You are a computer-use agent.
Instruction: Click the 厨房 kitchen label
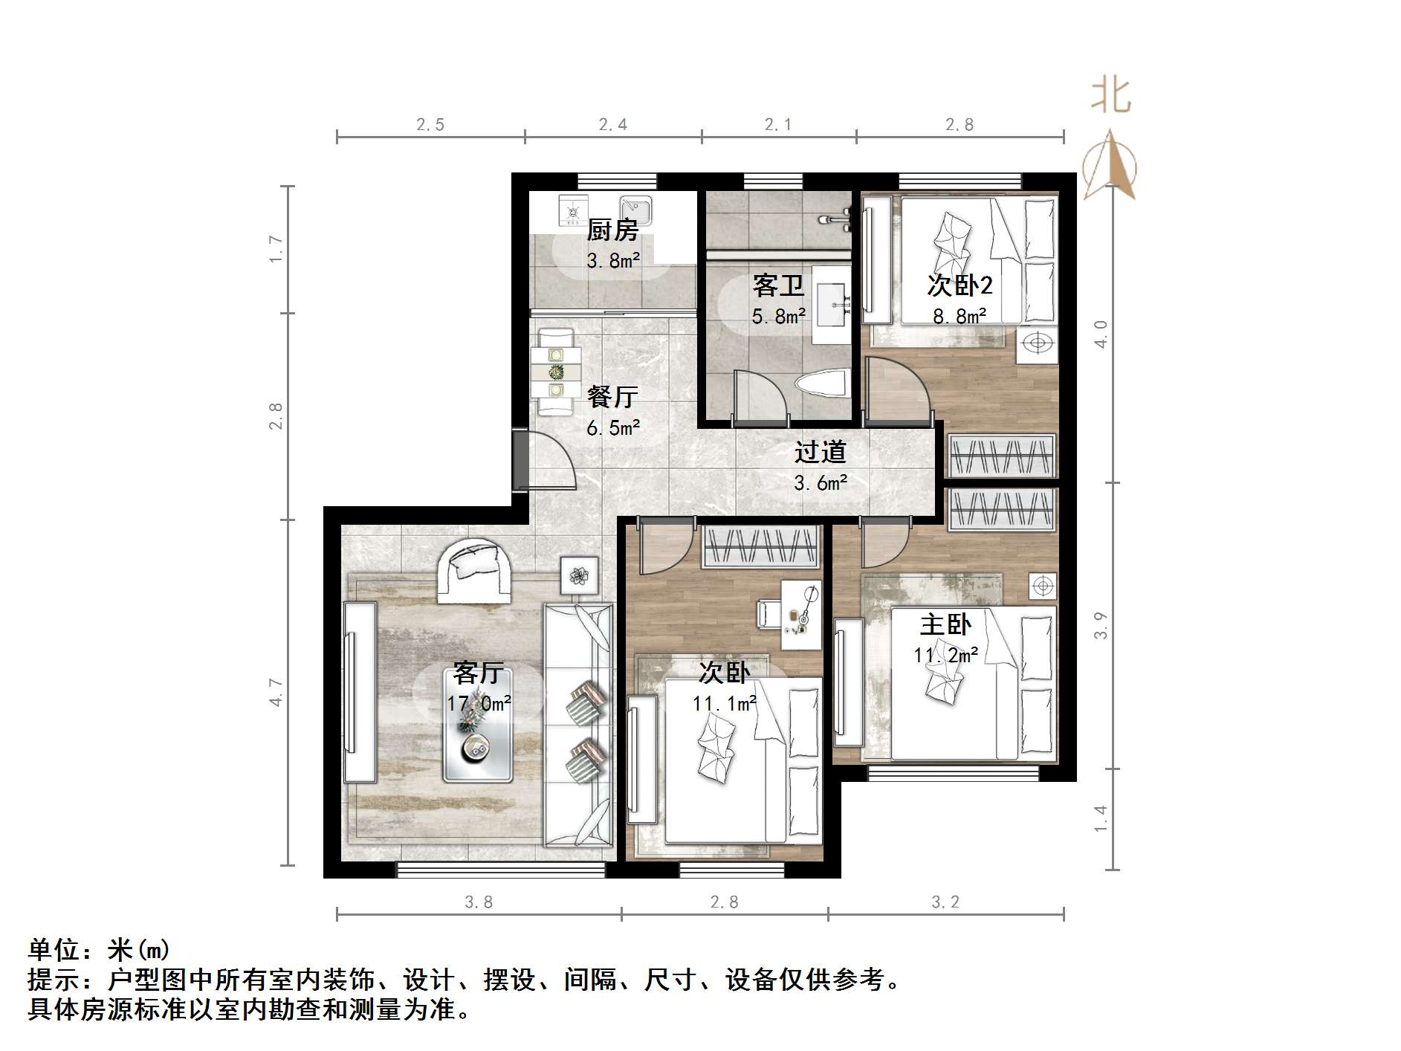click(x=612, y=230)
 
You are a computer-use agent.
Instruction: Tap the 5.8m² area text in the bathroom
click(x=778, y=317)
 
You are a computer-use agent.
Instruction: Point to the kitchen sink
click(x=636, y=210)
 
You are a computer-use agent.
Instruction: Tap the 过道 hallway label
click(x=820, y=452)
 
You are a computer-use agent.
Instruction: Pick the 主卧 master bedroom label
click(x=945, y=624)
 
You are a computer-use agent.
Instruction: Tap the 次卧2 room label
click(x=960, y=285)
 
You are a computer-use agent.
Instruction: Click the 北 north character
click(x=1110, y=97)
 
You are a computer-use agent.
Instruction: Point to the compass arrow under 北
click(x=1109, y=167)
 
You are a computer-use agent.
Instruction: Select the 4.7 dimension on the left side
click(x=276, y=692)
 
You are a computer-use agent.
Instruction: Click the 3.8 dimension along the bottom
click(x=479, y=902)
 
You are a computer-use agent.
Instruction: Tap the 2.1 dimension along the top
click(x=778, y=125)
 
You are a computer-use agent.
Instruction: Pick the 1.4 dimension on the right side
click(x=1101, y=818)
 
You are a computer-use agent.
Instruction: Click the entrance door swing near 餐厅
click(x=550, y=465)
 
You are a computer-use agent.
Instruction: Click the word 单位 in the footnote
click(x=54, y=950)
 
